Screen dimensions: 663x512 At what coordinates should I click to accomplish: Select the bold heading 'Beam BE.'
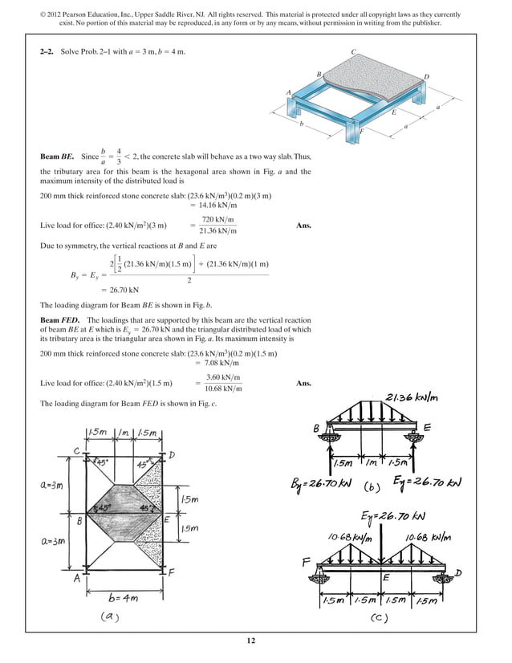(x=58, y=157)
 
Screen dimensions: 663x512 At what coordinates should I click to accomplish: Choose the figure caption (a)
(x=114, y=616)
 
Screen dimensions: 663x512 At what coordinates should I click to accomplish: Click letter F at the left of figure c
(x=306, y=562)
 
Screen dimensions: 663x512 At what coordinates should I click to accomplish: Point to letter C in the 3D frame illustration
(x=354, y=52)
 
